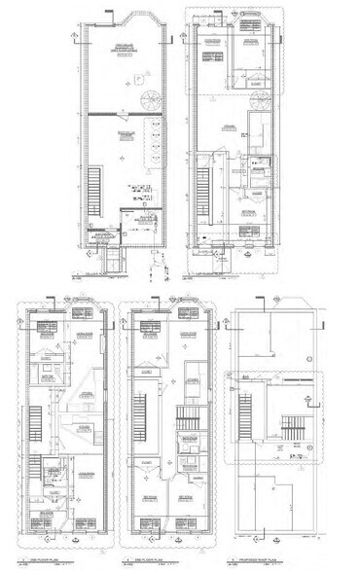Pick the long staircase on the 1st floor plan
click(204, 193)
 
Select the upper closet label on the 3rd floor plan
click(144, 371)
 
